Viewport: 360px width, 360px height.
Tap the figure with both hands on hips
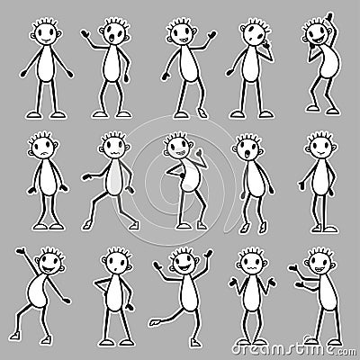(113, 301)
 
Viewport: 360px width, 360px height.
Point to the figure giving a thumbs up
(185, 180)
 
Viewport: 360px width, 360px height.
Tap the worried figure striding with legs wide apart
(112, 180)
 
